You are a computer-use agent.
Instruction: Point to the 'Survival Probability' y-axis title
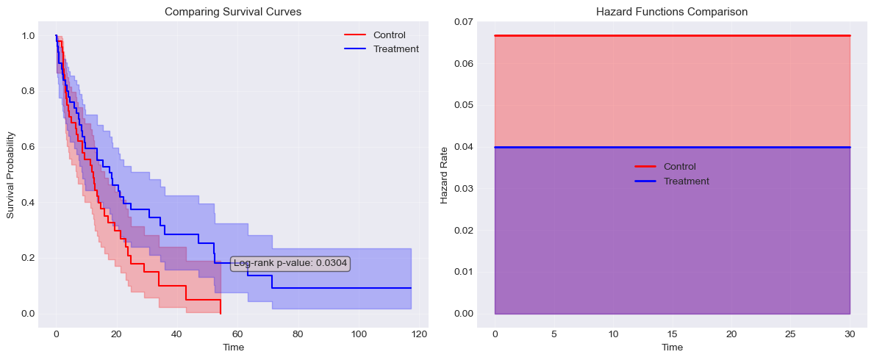point(11,175)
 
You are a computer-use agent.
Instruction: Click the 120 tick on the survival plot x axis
point(419,334)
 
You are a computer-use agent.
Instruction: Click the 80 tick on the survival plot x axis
point(298,334)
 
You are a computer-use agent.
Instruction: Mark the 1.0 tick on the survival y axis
point(27,36)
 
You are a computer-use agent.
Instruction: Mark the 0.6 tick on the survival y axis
point(27,147)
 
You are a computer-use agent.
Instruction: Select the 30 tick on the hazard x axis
point(850,334)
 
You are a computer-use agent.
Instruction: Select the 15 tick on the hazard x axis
point(673,334)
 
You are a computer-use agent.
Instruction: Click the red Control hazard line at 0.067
point(673,35)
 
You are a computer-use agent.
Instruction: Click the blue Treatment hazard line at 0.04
point(673,148)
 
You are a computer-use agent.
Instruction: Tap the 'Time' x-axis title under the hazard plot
point(672,347)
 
